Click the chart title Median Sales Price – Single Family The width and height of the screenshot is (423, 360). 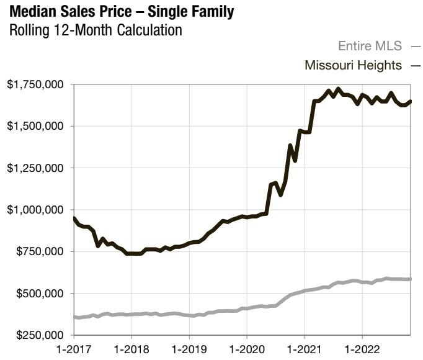pos(122,11)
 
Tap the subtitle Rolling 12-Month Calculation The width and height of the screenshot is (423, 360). pos(96,29)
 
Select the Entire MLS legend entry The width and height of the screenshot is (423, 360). pos(370,45)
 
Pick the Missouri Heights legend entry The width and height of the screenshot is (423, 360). pos(354,65)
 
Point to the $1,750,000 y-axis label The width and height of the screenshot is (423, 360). pos(35,84)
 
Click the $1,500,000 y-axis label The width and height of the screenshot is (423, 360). pos(35,126)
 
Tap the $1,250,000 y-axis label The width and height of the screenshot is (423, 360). pos(35,168)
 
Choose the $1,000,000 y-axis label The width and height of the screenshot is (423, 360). pos(35,210)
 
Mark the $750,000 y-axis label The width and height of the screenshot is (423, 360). pos(39,251)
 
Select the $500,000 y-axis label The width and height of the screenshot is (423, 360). pos(39,293)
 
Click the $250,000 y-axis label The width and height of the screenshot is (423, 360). pos(39,335)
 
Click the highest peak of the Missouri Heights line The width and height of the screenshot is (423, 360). pos(337,89)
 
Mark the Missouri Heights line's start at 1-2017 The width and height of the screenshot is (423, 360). pos(74,218)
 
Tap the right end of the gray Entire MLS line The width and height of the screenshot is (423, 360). pos(411,279)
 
